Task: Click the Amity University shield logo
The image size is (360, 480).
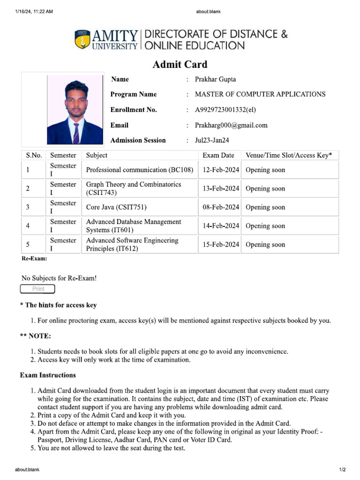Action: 82,39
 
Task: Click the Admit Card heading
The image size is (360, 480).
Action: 180,65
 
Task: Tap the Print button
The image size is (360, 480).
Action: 37,289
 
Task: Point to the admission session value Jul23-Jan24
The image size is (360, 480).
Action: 212,140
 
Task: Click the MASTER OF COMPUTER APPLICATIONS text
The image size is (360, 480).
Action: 260,94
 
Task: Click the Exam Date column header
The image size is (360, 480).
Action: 218,155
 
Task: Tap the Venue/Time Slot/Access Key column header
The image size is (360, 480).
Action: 289,155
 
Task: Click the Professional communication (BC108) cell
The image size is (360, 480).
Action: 140,170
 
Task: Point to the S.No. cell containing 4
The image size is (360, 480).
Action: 28,226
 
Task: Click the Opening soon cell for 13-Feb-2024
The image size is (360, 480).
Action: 265,189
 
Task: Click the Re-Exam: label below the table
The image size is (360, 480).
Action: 34,258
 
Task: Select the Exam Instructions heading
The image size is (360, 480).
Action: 48,375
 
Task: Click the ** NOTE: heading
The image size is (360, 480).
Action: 36,336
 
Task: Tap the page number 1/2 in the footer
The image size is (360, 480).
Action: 342,470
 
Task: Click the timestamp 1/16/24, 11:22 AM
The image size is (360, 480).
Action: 34,12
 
